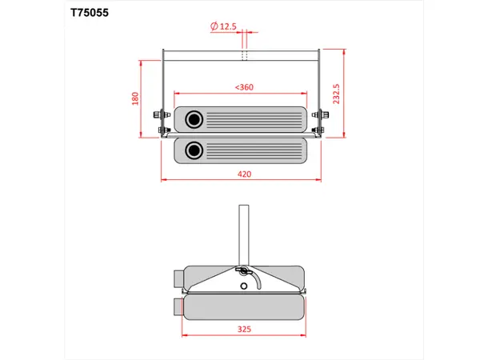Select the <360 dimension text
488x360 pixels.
point(244,86)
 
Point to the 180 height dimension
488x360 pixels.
point(136,98)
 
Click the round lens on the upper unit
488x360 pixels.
point(194,120)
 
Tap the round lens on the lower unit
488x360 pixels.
point(194,150)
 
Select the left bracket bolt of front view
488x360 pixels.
point(163,130)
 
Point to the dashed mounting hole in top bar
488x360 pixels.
point(246,55)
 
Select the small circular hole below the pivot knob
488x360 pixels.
point(244,285)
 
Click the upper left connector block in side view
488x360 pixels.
point(178,278)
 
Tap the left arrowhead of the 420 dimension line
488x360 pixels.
point(164,178)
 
